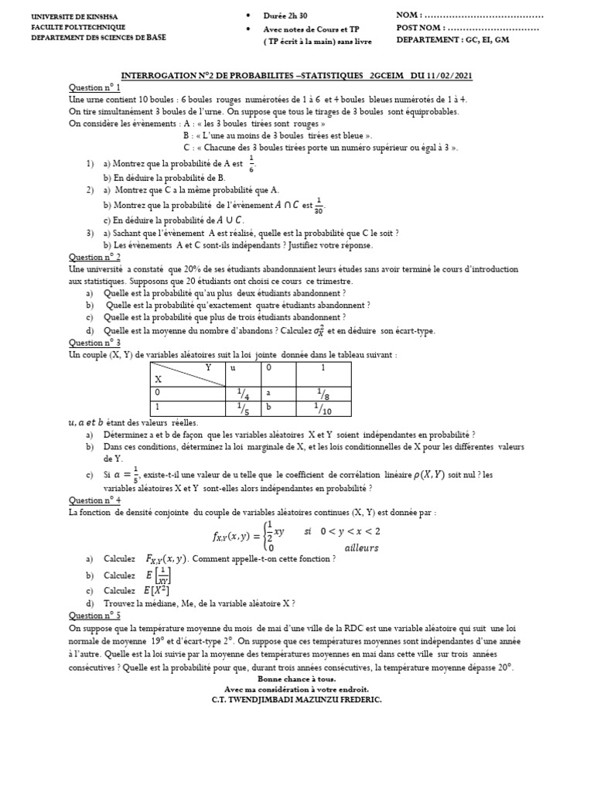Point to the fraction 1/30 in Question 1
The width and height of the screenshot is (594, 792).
pyautogui.click(x=319, y=206)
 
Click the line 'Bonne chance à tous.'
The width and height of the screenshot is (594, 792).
pyautogui.click(x=296, y=679)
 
